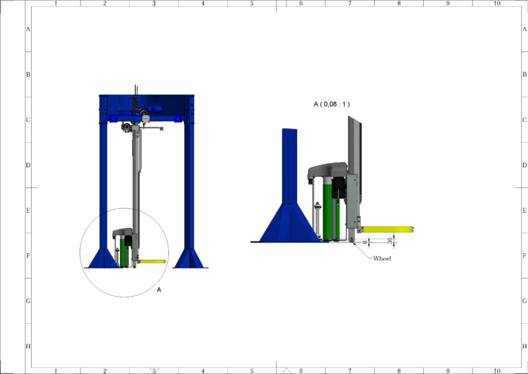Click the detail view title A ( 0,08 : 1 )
[331, 104]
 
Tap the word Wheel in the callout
[382, 258]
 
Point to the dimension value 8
[364, 243]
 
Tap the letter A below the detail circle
[159, 289]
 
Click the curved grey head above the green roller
[327, 169]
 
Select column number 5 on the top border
[251, 3]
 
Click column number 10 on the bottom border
[497, 371]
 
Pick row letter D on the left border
[28, 165]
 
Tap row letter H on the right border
[524, 346]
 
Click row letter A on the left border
[28, 30]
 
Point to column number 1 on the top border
[55, 3]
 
